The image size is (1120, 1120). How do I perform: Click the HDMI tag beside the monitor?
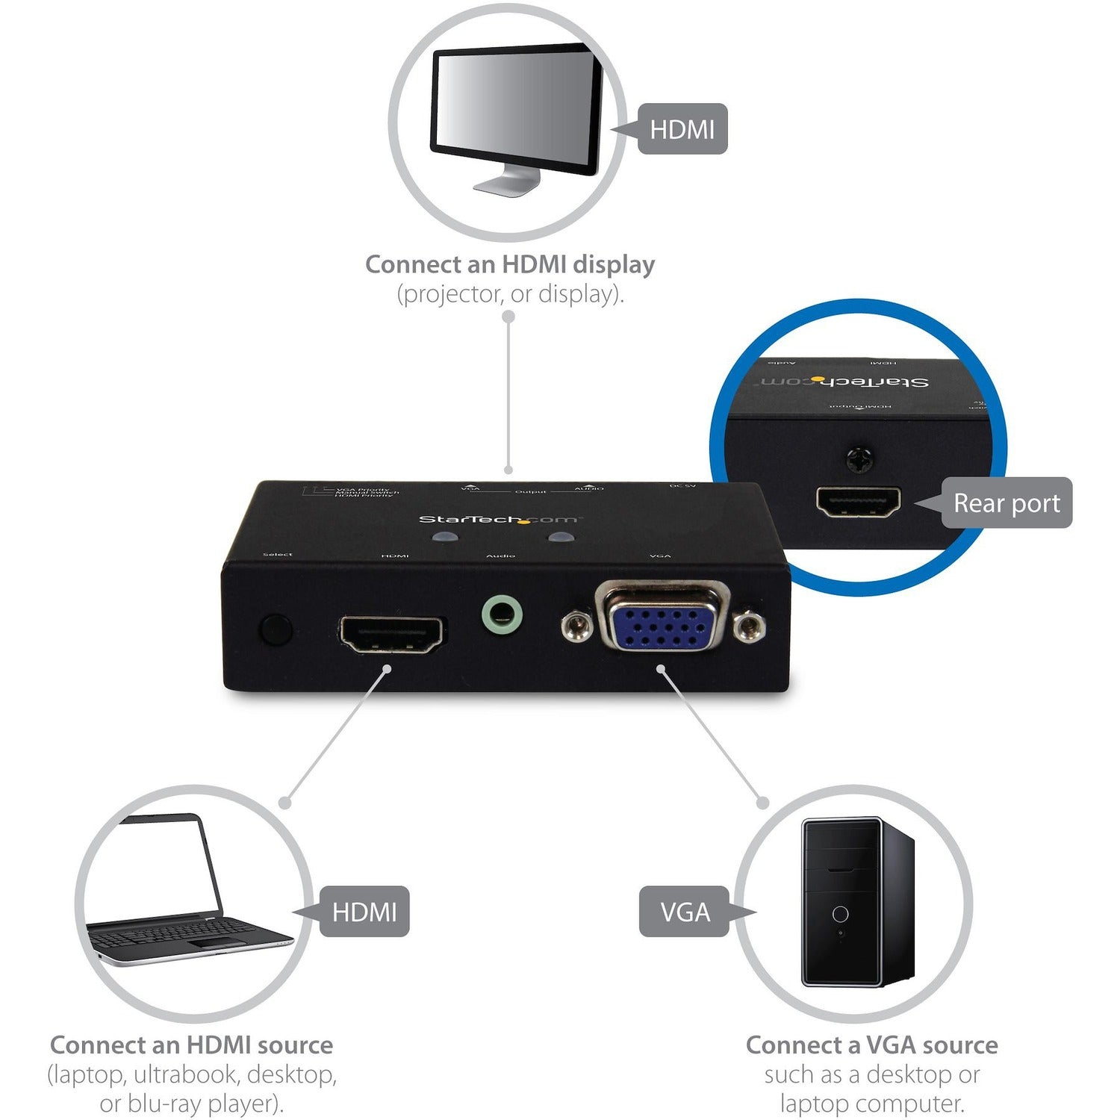682,129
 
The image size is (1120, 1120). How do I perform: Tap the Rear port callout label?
1006,503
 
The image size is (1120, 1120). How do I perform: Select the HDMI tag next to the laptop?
364,912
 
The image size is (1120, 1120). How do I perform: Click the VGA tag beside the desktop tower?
685,912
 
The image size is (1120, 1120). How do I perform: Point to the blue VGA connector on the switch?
662,617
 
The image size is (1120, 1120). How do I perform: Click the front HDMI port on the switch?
393,634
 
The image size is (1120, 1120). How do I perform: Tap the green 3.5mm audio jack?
502,617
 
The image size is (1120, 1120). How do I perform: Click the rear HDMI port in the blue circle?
858,502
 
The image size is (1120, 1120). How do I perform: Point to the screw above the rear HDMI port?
860,458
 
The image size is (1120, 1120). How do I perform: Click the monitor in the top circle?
516,112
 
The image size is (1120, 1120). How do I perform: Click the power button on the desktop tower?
840,914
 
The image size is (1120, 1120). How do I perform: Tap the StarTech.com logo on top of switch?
497,520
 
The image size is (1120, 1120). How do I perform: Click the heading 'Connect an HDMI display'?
510,264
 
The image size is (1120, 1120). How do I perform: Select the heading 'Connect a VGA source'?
871,1045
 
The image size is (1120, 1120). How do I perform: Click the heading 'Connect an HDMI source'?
192,1045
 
